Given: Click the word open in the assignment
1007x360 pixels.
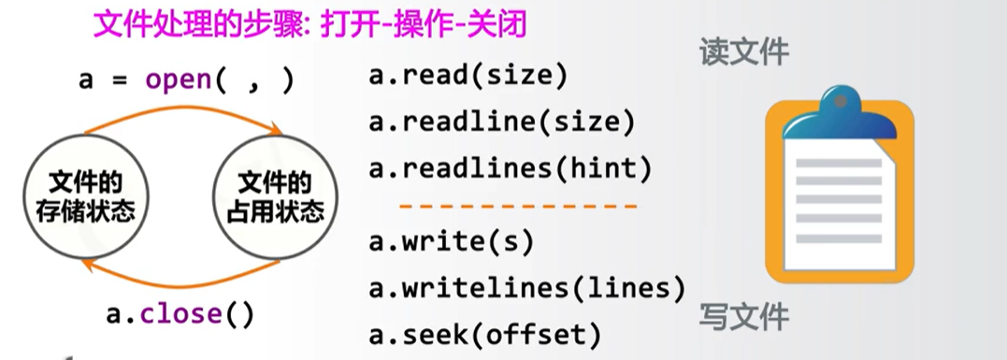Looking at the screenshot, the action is click(x=179, y=79).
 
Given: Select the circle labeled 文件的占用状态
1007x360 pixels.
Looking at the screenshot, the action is click(x=275, y=197).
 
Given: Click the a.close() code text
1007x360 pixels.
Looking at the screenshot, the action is click(x=179, y=314).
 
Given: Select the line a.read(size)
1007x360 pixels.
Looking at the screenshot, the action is click(x=468, y=77).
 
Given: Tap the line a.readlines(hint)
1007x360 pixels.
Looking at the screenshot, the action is click(x=510, y=168).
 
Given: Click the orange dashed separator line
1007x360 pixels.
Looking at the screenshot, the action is click(x=518, y=205).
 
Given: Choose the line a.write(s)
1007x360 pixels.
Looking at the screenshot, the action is click(x=451, y=241).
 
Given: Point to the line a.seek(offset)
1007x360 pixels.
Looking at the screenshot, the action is click(x=483, y=333).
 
